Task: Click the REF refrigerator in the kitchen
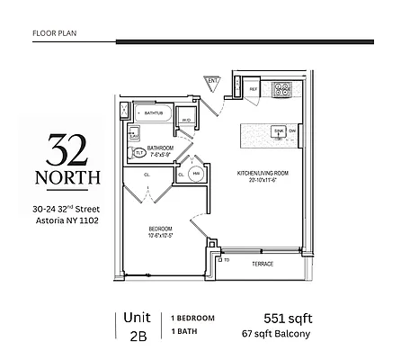(254, 90)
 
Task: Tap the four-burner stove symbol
(283, 90)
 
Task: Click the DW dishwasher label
(293, 132)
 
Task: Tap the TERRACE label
(263, 264)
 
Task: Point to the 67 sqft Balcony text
(274, 334)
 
